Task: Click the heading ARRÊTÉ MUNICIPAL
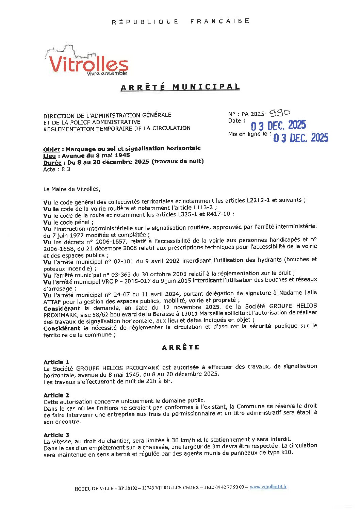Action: point(180,87)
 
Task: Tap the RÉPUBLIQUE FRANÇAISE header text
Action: point(180,21)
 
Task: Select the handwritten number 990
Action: point(280,113)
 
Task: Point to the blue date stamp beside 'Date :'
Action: point(278,126)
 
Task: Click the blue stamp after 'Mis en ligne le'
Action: point(300,138)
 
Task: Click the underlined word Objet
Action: point(51,149)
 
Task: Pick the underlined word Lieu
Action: point(49,156)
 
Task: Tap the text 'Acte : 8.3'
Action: point(56,169)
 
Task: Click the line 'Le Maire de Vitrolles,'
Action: point(72,189)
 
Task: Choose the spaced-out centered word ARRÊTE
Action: point(181,347)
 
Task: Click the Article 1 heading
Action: point(56,362)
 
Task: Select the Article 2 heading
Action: point(56,395)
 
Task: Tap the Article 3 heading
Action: point(56,435)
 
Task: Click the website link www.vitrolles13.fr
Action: point(268,487)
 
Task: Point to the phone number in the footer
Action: point(229,487)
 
